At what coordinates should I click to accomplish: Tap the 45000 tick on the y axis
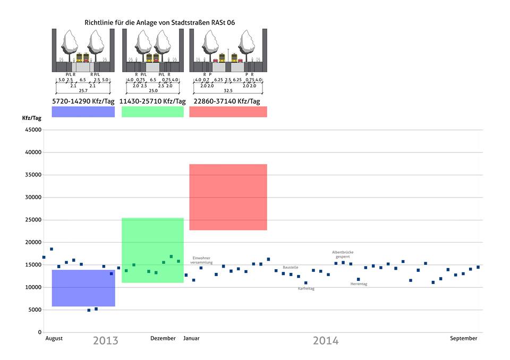coord(32,130)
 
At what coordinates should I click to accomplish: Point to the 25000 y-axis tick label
coord(32,220)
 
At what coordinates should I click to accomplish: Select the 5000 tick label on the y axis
coord(34,310)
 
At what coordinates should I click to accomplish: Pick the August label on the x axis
coord(54,338)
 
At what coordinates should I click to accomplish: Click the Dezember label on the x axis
coord(163,338)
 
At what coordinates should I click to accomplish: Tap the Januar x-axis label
coord(192,338)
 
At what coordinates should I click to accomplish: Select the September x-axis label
coord(464,338)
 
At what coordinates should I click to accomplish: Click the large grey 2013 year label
coord(106,341)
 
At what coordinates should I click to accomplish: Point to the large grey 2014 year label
coord(326,341)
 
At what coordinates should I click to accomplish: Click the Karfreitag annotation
coord(306,289)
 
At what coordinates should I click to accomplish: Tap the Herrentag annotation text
coord(359,284)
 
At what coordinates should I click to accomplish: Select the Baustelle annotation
coord(291,268)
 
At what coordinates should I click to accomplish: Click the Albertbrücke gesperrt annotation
coord(343,254)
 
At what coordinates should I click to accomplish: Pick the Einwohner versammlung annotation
coord(201,260)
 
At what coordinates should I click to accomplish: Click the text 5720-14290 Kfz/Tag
coord(83,101)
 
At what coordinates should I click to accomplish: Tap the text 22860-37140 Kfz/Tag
coord(228,101)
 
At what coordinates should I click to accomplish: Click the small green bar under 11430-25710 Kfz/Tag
coord(152,112)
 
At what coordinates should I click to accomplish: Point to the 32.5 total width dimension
coord(228,90)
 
